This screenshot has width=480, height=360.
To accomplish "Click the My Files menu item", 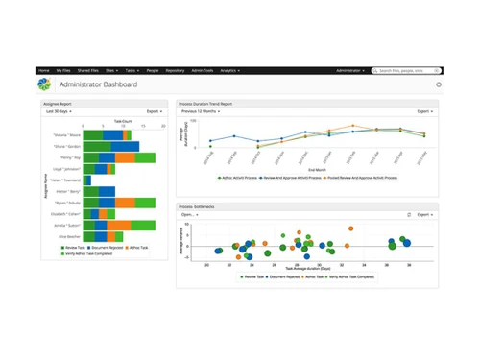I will [x=63, y=71].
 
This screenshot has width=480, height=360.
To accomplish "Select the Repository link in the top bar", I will [x=175, y=71].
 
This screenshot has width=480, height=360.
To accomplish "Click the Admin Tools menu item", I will [x=204, y=71].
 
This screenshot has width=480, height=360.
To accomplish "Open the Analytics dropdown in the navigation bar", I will [x=230, y=71].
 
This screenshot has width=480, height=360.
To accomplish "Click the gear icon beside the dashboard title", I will [x=438, y=84].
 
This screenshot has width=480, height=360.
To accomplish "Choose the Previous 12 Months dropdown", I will [x=203, y=111].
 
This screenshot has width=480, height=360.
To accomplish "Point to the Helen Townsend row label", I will [x=64, y=180].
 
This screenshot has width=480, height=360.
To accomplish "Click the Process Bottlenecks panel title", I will [x=199, y=205].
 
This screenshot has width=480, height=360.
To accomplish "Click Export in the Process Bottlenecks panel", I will [x=424, y=215].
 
